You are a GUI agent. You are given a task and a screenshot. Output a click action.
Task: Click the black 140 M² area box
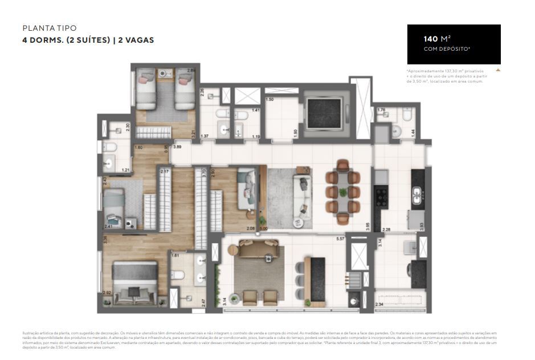[454, 44]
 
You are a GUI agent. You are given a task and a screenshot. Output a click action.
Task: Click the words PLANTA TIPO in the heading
[49, 28]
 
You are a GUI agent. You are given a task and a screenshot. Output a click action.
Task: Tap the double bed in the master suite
[136, 282]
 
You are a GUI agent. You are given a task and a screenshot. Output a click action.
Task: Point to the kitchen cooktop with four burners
[381, 198]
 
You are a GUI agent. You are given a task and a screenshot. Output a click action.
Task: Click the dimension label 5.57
[341, 238]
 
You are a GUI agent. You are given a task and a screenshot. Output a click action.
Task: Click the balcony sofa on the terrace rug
[258, 249]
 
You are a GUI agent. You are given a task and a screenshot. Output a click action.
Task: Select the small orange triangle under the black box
[498, 70]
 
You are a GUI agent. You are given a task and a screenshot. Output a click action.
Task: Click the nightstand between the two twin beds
[165, 75]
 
